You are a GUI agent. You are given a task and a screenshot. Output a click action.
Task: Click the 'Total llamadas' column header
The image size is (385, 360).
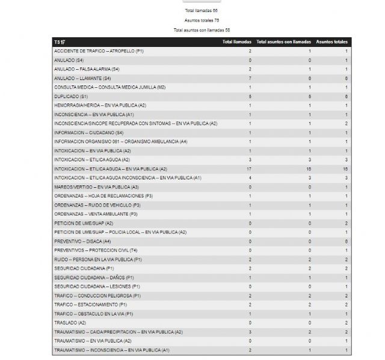[236, 42]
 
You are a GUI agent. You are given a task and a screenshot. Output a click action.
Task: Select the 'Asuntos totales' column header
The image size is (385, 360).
[332, 42]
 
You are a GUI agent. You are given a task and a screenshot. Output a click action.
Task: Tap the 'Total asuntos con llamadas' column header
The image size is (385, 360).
[284, 42]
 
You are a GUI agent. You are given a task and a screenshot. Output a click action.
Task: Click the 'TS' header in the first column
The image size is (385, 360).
[59, 42]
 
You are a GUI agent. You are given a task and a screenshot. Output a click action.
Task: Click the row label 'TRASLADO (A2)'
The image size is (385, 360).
[70, 323]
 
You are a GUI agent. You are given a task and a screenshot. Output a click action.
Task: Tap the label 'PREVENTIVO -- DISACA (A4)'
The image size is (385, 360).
[83, 241]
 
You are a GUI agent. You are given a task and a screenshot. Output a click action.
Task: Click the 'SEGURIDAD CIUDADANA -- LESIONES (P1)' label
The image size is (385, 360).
[97, 286]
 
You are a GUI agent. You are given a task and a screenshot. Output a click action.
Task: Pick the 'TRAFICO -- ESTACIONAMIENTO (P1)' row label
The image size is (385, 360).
[90, 305]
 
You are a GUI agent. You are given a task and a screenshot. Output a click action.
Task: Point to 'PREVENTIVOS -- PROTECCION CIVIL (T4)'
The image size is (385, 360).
[96, 250]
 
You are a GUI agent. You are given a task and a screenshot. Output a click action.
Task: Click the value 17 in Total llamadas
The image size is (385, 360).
[248, 169]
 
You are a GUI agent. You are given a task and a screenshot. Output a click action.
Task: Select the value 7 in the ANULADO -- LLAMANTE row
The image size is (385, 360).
[250, 78]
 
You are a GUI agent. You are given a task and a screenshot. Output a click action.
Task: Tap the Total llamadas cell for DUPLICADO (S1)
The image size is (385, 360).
[250, 96]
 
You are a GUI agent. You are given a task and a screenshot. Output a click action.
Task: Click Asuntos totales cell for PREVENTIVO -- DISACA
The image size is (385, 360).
[346, 241]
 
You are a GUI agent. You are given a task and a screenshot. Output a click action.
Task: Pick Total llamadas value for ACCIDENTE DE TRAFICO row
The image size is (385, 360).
[250, 51]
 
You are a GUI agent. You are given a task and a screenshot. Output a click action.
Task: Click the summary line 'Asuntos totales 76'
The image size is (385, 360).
[202, 20]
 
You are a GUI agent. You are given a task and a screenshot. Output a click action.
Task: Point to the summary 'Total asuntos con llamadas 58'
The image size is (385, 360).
[202, 30]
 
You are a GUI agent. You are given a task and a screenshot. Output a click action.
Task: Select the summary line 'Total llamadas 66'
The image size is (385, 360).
[202, 11]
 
